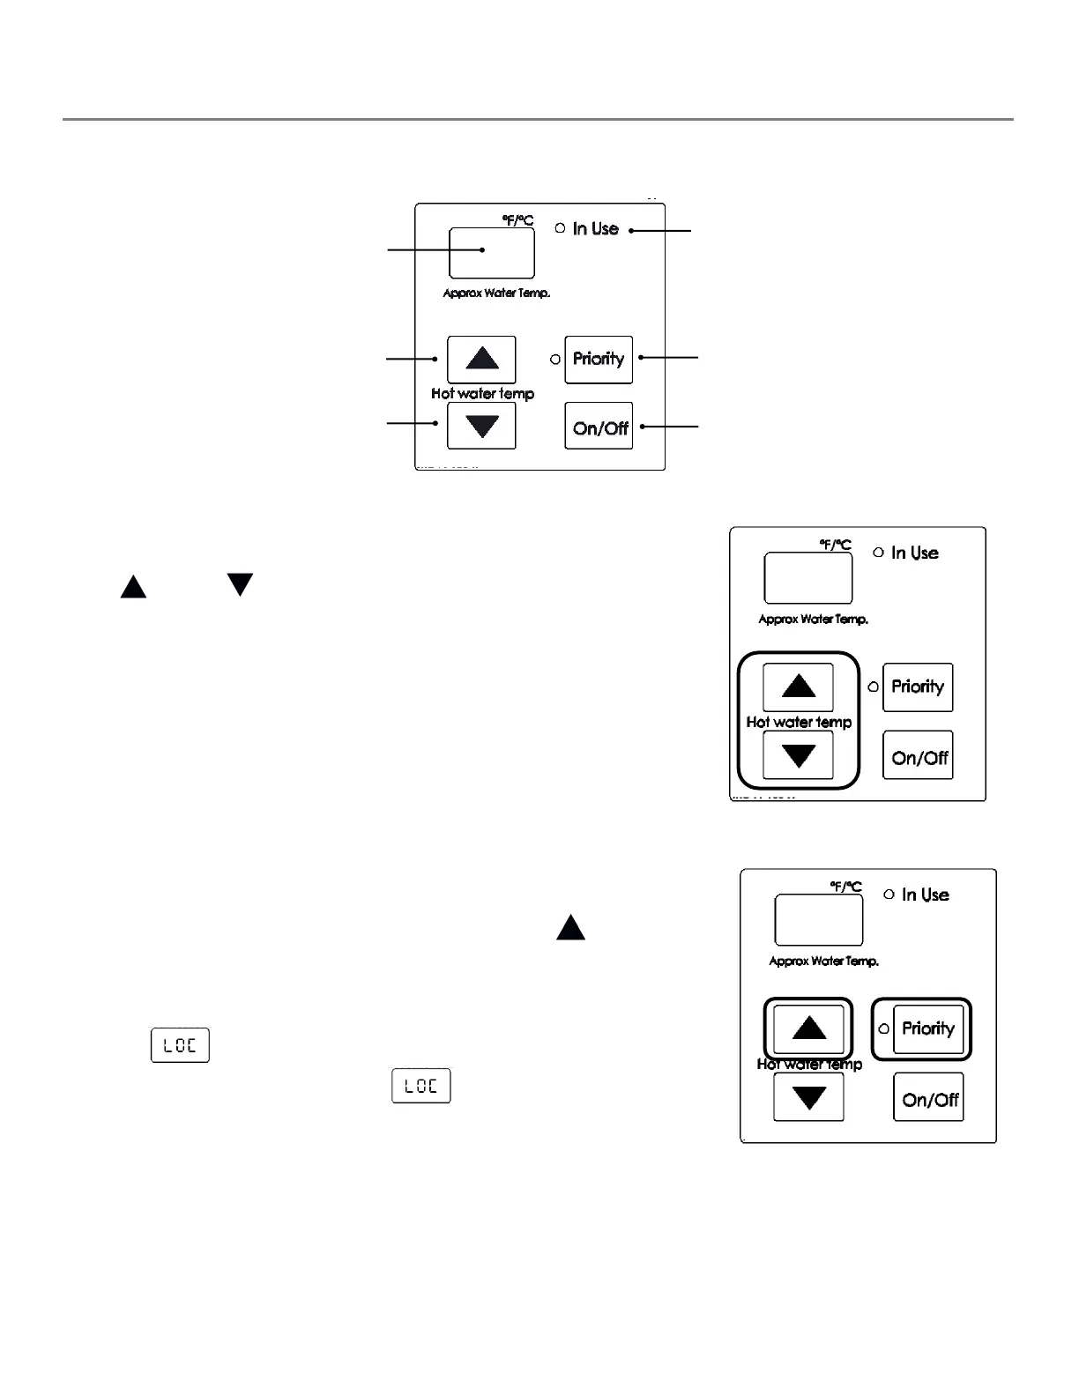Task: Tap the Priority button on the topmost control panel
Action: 599,359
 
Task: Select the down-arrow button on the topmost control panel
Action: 481,427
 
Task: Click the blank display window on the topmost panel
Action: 491,253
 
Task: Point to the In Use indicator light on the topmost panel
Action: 560,228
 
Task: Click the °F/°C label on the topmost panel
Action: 518,219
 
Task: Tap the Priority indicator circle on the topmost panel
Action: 555,360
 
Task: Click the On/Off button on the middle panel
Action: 919,755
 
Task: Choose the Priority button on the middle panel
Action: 918,687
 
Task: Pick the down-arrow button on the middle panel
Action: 798,755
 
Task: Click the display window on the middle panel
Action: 807,578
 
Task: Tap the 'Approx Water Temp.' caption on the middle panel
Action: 813,620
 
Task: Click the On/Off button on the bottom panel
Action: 929,1097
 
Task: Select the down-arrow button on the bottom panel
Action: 808,1097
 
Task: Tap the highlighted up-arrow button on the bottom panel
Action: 808,1028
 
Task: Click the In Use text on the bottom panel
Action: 925,895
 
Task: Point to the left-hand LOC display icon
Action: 180,1045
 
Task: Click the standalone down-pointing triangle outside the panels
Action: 240,584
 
